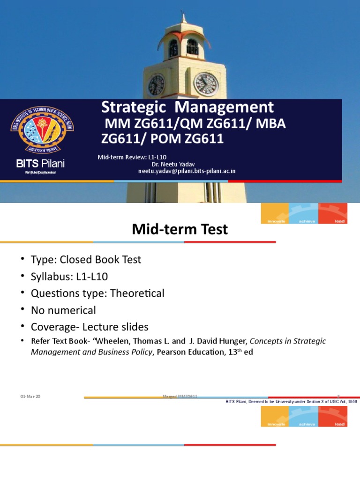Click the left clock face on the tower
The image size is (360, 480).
[156, 85]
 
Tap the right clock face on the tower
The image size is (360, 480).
[206, 84]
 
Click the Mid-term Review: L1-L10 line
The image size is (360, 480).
[132, 157]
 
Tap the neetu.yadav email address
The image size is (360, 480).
[187, 171]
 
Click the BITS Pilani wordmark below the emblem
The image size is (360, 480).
[41, 164]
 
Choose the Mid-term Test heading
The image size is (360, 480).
[180, 229]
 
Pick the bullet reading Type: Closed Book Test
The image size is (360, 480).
[86, 259]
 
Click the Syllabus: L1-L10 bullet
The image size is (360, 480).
[72, 277]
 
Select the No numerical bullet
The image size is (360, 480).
[63, 310]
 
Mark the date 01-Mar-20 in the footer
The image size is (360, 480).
[30, 397]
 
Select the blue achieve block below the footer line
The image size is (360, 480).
[303, 416]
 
